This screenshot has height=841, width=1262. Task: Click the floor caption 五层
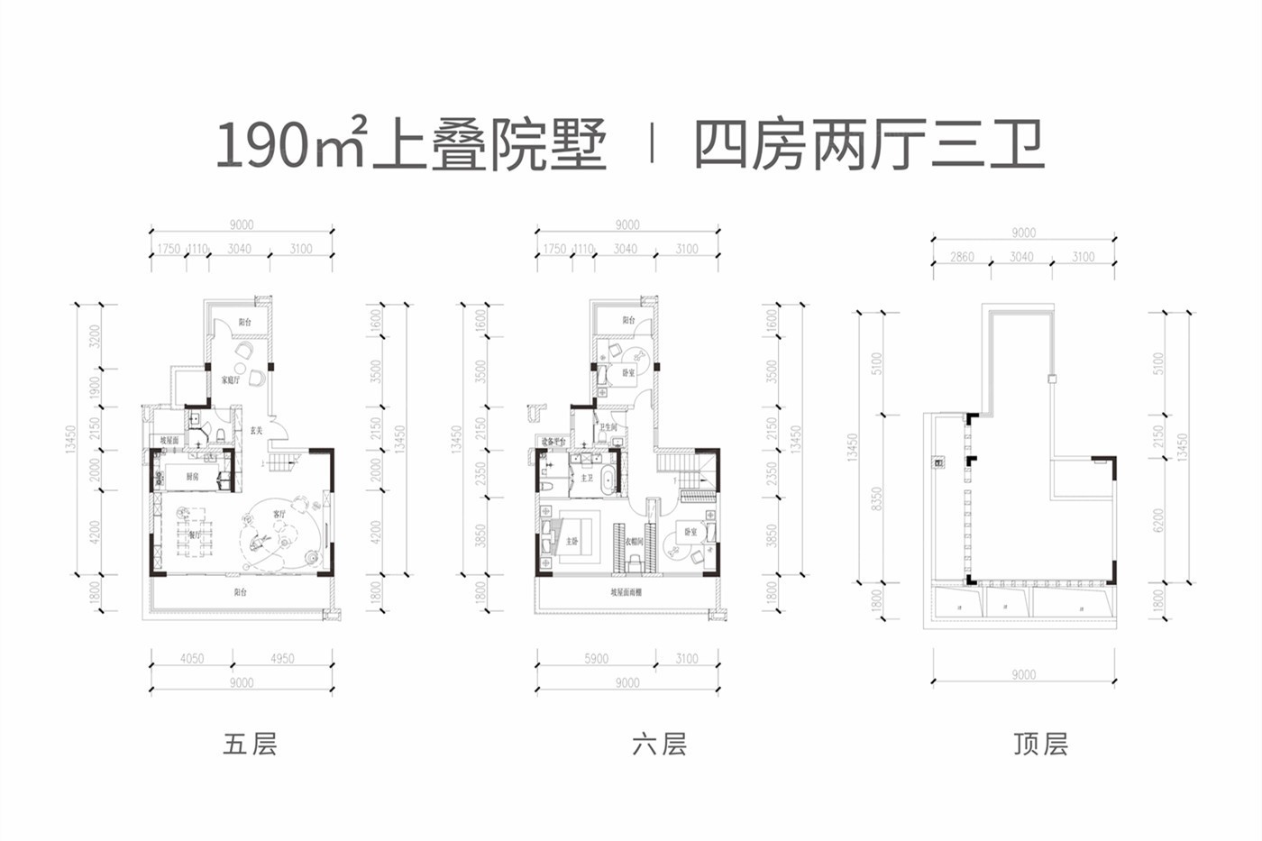[x=250, y=745]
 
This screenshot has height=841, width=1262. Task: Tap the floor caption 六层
[x=659, y=745]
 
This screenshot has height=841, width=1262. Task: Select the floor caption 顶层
[x=1040, y=745]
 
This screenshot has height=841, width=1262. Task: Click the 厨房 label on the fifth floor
[x=193, y=477]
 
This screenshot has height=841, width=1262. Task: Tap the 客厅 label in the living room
[x=279, y=514]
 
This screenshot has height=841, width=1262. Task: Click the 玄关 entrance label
[x=256, y=431]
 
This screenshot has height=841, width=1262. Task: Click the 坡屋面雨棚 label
[x=626, y=592]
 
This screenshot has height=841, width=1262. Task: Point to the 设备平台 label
[x=553, y=441]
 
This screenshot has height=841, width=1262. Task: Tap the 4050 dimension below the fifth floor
[x=192, y=659]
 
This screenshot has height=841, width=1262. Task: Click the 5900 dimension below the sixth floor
[x=596, y=659]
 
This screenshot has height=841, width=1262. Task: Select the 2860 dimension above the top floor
[x=962, y=257]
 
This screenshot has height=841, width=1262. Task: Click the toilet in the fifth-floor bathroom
[x=221, y=435]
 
